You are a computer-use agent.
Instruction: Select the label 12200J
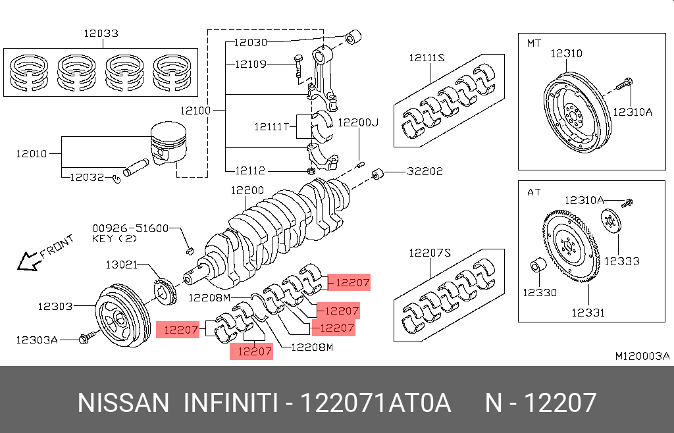tap(359, 122)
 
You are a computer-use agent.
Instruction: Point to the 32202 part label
tap(425, 171)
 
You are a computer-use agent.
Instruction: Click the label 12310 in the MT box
tap(566, 53)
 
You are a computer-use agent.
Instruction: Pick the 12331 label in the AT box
tap(588, 313)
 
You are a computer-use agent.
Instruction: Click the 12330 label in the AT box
tap(540, 292)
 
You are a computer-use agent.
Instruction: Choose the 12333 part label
tap(622, 261)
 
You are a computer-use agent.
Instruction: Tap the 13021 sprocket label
tap(121, 265)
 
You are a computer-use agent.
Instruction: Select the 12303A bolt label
tap(38, 340)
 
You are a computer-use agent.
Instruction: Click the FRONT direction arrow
tap(28, 261)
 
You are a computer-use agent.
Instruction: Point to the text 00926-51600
tap(130, 228)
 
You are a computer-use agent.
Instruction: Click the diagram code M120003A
tap(642, 356)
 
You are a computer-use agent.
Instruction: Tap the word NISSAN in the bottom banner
tap(123, 403)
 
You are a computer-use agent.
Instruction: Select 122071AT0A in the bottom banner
tap(375, 403)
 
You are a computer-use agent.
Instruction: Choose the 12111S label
tap(427, 58)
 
